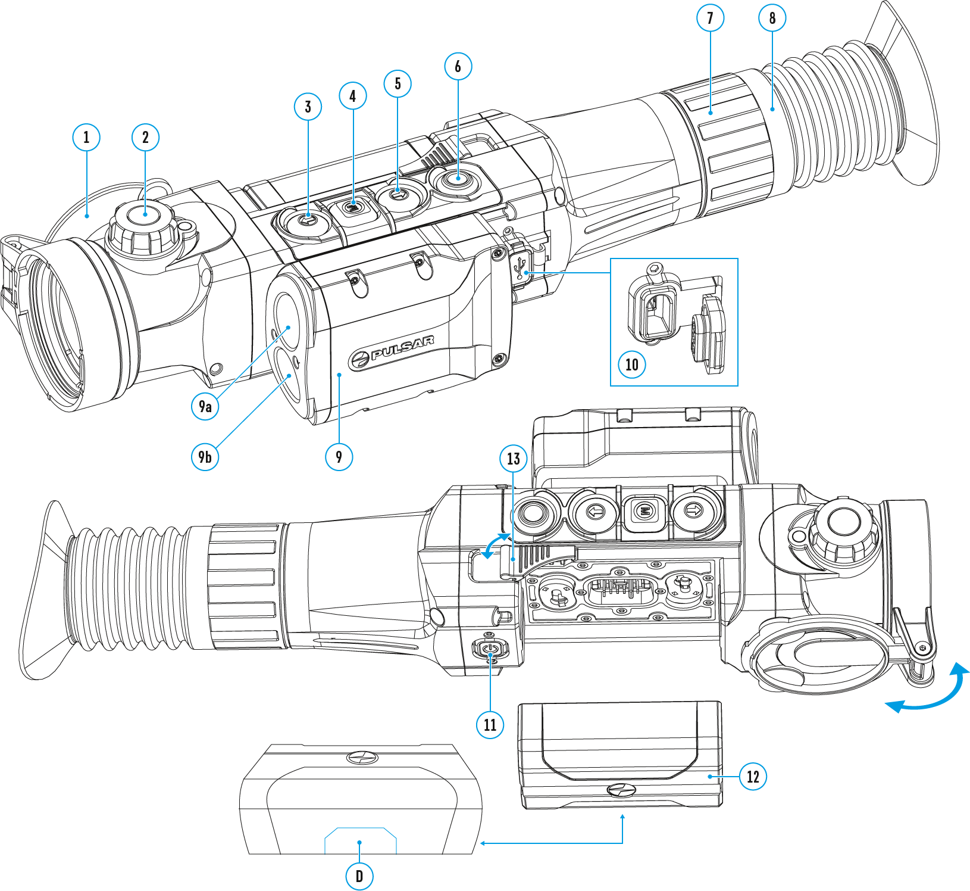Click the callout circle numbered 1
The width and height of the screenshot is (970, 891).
[x=86, y=138]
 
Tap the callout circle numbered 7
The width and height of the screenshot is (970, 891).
[x=710, y=18]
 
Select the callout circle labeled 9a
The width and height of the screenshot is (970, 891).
[x=205, y=406]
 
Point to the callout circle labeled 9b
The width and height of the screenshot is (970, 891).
[x=205, y=457]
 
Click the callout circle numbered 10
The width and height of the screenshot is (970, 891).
[x=632, y=364]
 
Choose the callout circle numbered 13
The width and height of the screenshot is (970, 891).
[x=514, y=459]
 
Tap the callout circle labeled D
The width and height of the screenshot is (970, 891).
[x=359, y=876]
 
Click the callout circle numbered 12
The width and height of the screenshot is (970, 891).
[x=753, y=777]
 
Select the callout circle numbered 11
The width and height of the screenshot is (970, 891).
[x=490, y=725]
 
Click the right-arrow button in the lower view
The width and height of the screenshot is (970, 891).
[x=693, y=510]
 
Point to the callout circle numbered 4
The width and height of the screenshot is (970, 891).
[x=353, y=96]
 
